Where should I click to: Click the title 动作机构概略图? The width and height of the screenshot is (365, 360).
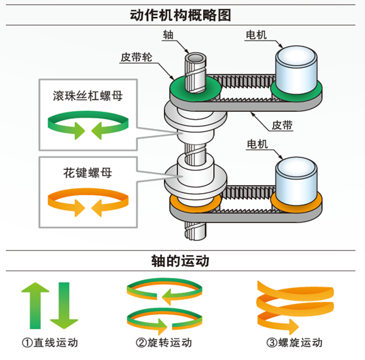tap(180, 15)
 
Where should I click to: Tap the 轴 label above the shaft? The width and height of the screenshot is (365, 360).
tap(168, 35)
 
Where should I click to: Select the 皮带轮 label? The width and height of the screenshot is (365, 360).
tap(136, 57)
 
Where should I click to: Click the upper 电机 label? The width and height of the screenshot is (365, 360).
tap(256, 35)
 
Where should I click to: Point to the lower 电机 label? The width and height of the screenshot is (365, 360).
tap(257, 144)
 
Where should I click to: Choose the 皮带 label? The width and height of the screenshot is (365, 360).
tap(282, 125)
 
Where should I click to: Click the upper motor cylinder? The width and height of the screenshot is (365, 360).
tap(296, 70)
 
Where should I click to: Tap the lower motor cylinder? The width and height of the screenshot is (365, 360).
tap(296, 181)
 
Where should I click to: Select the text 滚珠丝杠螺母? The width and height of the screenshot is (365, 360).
tap(88, 96)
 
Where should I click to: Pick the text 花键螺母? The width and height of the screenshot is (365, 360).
tap(88, 173)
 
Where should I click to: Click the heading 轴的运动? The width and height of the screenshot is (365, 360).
tap(180, 261)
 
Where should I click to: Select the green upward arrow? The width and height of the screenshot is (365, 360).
tap(36, 305)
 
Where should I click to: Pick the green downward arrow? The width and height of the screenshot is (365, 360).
tap(64, 305)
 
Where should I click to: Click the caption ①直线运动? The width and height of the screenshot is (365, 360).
tap(50, 343)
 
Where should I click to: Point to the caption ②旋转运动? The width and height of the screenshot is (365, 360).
tap(164, 343)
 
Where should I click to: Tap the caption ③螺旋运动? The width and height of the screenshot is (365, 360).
tap(294, 343)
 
